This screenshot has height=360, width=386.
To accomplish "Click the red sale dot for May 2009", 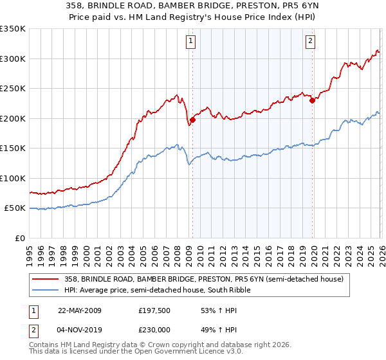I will point(192,120).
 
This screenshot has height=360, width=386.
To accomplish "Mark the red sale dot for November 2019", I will point(311,100).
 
